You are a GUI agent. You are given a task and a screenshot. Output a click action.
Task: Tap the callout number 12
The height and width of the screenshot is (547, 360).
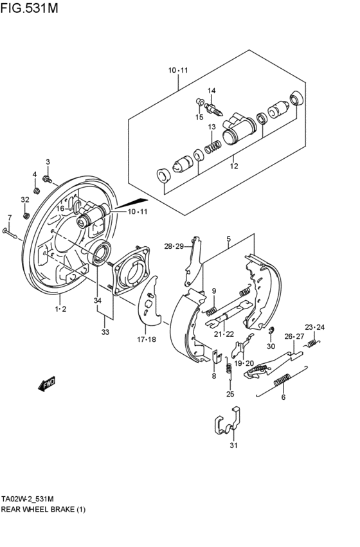pyautogui.click(x=234, y=166)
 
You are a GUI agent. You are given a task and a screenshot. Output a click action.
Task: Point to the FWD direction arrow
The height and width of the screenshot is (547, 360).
pyautogui.click(x=47, y=384)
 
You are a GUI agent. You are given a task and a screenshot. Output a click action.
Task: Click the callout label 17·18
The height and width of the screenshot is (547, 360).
pyautogui.click(x=147, y=339)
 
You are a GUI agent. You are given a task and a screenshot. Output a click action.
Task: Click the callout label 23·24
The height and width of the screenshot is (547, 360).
pyautogui.click(x=315, y=327)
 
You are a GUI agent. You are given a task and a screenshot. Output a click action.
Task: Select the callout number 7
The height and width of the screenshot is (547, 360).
pyautogui.click(x=9, y=217)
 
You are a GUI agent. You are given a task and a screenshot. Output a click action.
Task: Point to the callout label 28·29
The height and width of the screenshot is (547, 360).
pyautogui.click(x=174, y=246)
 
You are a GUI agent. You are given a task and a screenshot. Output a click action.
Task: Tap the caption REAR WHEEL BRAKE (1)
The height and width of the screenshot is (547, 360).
pyautogui.click(x=43, y=509)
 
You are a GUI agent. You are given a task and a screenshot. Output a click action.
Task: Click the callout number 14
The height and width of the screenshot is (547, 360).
pyautogui.click(x=212, y=90)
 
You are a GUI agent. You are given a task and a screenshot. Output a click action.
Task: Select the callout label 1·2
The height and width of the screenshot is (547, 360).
pyautogui.click(x=60, y=309)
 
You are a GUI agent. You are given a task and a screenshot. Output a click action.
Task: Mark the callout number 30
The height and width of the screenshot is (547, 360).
pyautogui.click(x=271, y=346)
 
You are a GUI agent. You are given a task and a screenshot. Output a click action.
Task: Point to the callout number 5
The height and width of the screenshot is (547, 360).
pyautogui.click(x=228, y=239)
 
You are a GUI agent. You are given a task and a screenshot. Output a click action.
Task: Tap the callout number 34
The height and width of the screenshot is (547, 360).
pyautogui.click(x=97, y=300)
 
